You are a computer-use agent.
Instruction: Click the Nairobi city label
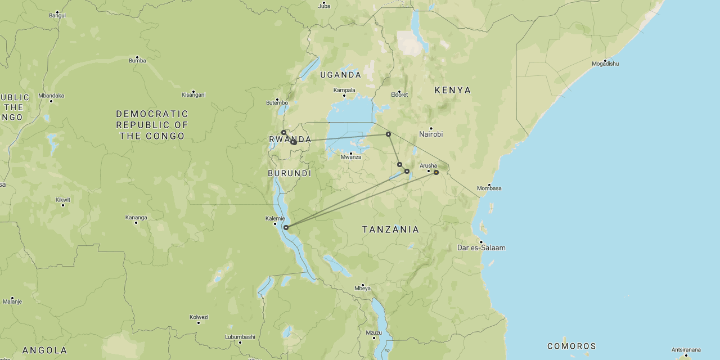(x=431, y=134)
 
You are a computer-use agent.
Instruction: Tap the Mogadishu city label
(x=605, y=64)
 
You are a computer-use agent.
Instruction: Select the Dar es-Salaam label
(x=481, y=247)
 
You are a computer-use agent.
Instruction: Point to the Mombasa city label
(x=489, y=188)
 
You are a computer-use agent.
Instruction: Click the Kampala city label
(x=345, y=90)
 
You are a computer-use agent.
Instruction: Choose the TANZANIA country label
(x=390, y=229)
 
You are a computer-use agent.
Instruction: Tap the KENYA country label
(x=453, y=90)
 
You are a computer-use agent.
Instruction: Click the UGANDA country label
(x=340, y=75)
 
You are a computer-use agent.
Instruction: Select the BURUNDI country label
(x=290, y=173)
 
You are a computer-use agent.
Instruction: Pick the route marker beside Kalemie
(x=286, y=228)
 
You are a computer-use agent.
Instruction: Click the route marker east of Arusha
(x=436, y=172)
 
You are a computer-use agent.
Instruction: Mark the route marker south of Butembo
(x=283, y=133)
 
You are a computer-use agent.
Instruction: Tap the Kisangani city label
(x=193, y=94)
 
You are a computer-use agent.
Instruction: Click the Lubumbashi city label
(x=240, y=337)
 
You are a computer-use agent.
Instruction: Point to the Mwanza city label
(x=350, y=157)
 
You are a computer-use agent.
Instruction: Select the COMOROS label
(x=571, y=346)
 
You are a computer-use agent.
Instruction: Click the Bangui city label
(x=57, y=15)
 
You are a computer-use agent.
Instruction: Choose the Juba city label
(x=325, y=6)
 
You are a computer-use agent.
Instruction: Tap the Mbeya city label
(x=362, y=289)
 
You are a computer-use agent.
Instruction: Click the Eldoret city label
(x=399, y=94)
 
